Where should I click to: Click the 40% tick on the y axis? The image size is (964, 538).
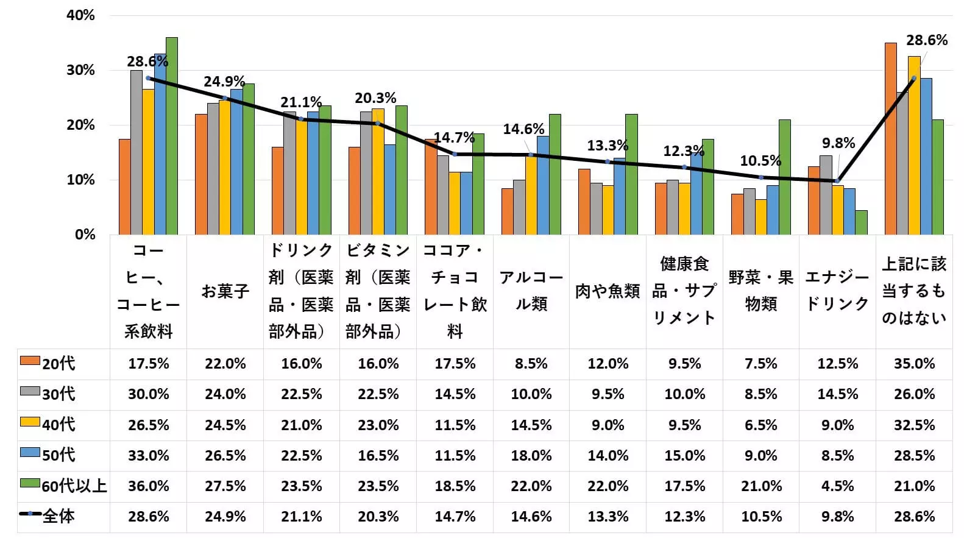pyautogui.click(x=80, y=15)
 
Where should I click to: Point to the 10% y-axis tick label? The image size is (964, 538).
pyautogui.click(x=80, y=180)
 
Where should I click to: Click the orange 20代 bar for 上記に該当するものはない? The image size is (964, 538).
pyautogui.click(x=890, y=139)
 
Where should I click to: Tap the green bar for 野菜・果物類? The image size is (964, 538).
pyautogui.click(x=785, y=177)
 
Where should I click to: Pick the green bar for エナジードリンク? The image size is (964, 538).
pyautogui.click(x=861, y=222)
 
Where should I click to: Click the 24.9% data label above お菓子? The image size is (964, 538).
pyautogui.click(x=224, y=82)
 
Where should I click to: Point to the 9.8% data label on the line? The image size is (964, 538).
pyautogui.click(x=838, y=143)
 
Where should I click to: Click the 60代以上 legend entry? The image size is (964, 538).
pyautogui.click(x=63, y=486)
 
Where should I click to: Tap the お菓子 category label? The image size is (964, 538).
pyautogui.click(x=225, y=291)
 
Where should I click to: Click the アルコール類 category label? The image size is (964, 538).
pyautogui.click(x=531, y=291)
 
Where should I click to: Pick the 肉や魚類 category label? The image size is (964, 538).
pyautogui.click(x=608, y=291)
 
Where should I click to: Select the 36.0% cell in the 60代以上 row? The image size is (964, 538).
pyautogui.click(x=149, y=486)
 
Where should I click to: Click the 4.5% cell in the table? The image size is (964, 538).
pyautogui.click(x=838, y=486)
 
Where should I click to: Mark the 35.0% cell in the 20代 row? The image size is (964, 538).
pyautogui.click(x=914, y=364)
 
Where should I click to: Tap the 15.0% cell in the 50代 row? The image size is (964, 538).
pyautogui.click(x=684, y=455)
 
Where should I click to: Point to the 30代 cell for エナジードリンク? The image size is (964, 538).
pyautogui.click(x=838, y=394)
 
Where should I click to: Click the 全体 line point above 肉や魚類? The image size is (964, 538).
pyautogui.click(x=608, y=161)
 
